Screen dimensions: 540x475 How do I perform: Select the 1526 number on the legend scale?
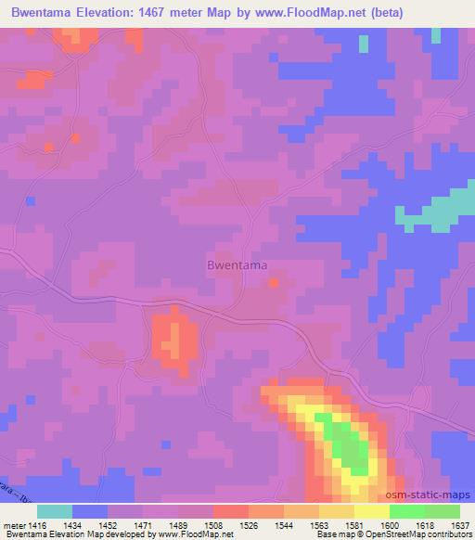point(250,525)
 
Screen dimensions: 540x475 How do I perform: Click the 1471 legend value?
point(144,525)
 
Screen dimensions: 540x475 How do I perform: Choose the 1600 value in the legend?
point(389,525)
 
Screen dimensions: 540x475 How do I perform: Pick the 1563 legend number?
point(319,525)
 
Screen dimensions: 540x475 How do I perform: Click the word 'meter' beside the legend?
point(14,525)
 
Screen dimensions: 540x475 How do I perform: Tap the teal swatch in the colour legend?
point(55,511)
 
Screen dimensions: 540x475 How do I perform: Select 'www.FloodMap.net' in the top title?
point(311,12)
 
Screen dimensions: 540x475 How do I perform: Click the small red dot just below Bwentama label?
point(273,282)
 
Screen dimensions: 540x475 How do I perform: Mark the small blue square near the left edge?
point(31,200)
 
